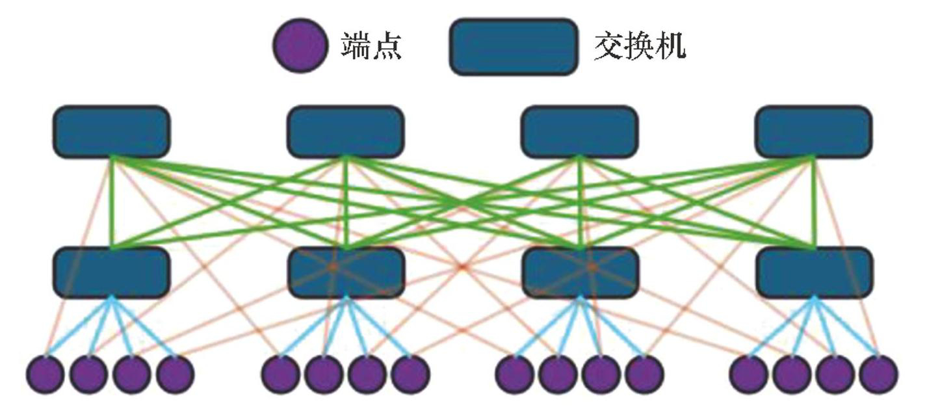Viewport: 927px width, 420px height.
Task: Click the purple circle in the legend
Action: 300,45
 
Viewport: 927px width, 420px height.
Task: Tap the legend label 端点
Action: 371,46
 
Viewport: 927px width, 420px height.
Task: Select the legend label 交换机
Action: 640,46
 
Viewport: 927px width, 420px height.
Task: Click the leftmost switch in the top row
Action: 111,132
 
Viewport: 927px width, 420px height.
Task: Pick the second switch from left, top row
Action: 345,132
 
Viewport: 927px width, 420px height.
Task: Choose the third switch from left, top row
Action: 579,132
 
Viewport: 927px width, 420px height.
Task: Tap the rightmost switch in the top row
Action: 813,132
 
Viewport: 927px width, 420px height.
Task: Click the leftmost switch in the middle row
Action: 111,272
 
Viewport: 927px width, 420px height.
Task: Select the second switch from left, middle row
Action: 345,272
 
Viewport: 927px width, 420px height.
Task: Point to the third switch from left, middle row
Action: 579,272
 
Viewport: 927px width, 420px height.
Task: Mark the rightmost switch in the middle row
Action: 813,272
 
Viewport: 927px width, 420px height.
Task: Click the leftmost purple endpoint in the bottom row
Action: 46,374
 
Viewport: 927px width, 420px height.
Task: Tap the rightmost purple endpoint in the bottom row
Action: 879,374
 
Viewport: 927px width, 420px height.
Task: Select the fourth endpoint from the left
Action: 175,374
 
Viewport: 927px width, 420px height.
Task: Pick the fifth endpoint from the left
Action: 281,374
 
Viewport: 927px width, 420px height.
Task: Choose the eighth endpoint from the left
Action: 410,374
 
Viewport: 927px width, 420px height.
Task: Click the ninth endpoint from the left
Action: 515,374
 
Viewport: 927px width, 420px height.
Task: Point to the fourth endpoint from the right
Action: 750,374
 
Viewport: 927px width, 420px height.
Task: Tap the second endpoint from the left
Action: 89,374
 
